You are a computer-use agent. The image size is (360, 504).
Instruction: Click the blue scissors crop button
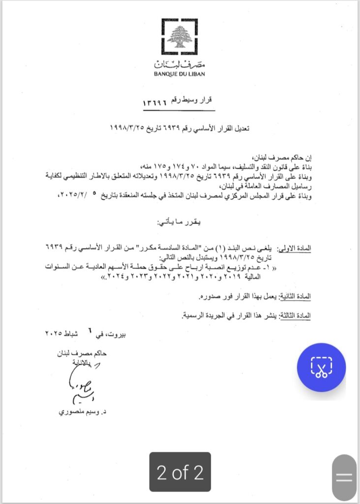click(321, 367)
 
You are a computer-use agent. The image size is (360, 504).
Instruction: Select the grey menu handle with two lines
click(344, 477)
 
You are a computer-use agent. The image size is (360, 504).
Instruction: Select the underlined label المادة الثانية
click(295, 297)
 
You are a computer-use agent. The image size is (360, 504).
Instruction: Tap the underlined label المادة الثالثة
click(296, 315)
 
